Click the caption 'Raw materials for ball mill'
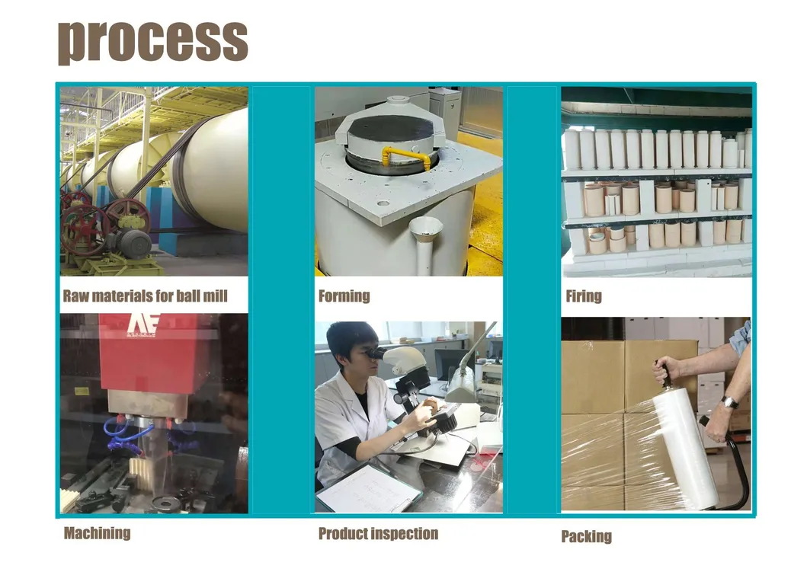(145, 296)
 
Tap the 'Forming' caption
(344, 296)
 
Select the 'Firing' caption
(584, 296)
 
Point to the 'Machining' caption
(97, 533)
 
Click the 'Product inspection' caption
(378, 534)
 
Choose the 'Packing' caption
(586, 536)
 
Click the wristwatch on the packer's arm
(729, 401)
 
